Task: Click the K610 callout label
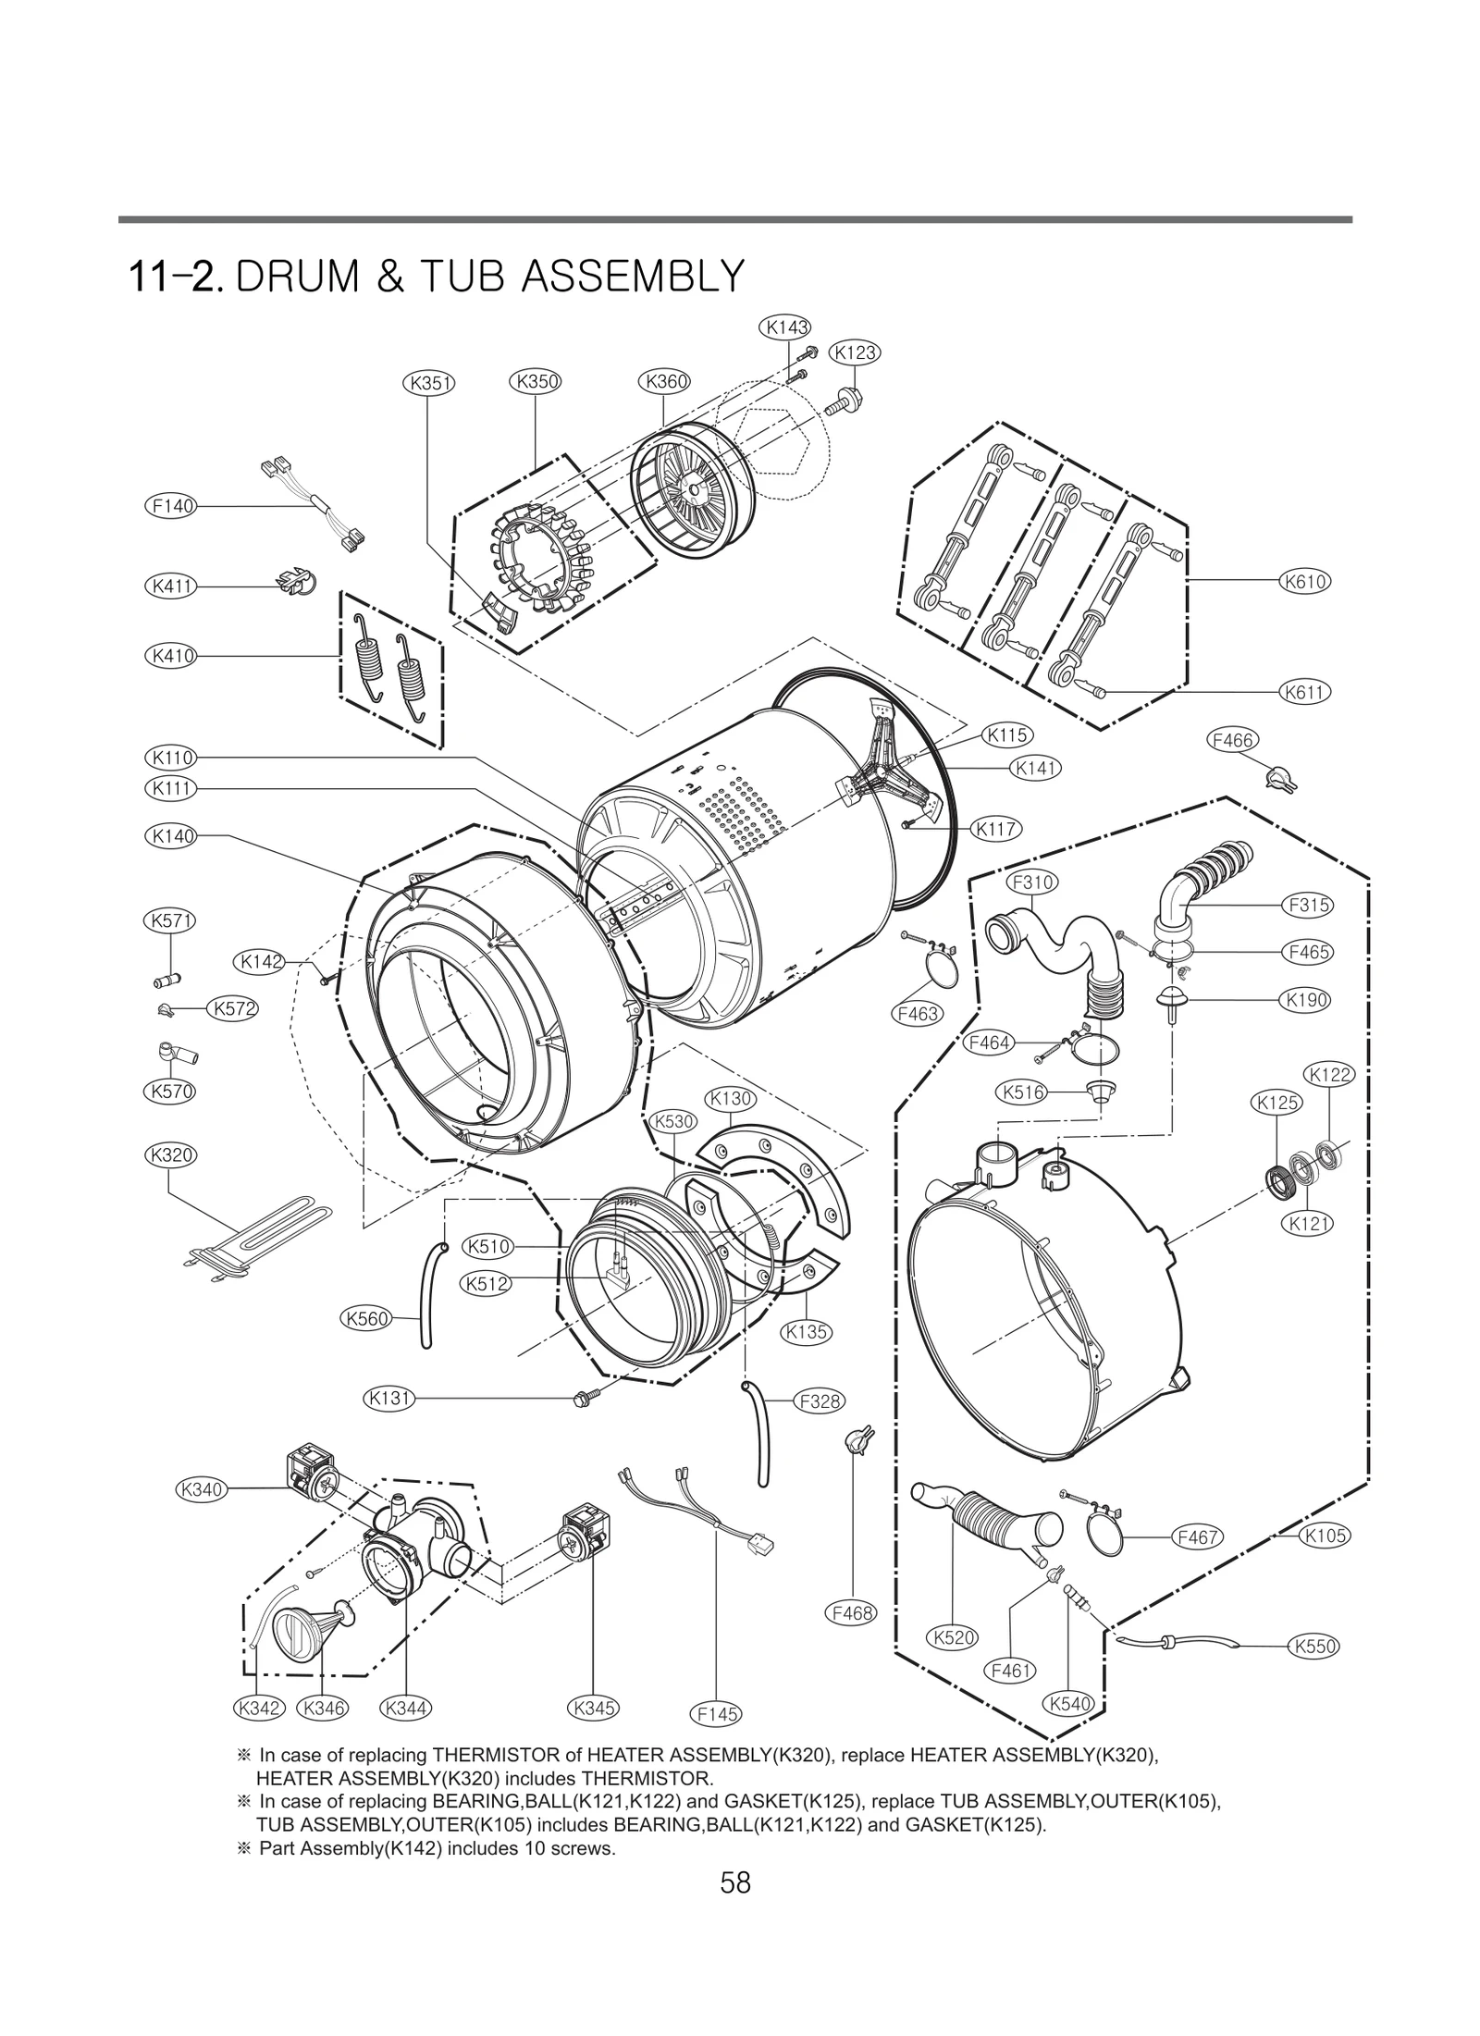click(x=1304, y=582)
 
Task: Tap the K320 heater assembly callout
click(x=170, y=1154)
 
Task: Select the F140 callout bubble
click(x=172, y=506)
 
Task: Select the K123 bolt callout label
click(x=855, y=352)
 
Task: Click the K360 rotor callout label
click(x=665, y=381)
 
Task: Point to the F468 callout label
click(x=851, y=1612)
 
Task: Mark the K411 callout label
click(x=172, y=586)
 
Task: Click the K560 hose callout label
click(x=366, y=1318)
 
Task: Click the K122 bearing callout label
click(x=1329, y=1075)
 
